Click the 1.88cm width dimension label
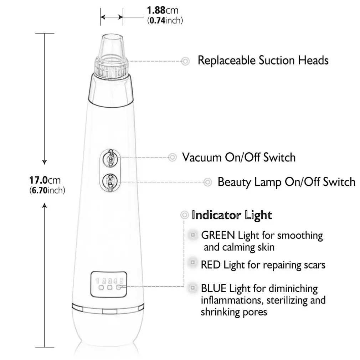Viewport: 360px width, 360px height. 163,10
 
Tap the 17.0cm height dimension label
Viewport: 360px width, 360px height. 45,180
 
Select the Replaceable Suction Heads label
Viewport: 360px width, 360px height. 263,60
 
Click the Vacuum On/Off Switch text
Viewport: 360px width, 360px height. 239,158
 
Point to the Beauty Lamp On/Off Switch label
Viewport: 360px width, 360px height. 287,182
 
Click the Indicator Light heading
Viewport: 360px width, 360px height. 232,215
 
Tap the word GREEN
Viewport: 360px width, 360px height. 218,235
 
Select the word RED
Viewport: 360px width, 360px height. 211,265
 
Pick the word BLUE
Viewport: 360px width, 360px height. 214,288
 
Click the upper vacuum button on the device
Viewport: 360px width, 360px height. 110,158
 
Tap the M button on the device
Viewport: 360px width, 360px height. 110,181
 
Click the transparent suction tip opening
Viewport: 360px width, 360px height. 112,37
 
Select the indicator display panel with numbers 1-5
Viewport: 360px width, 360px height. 109,284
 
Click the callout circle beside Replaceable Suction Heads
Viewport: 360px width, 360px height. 185,61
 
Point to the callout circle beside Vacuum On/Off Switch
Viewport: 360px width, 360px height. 173,158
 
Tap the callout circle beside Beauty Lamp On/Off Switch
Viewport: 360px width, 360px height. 208,182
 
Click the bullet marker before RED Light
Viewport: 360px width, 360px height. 193,262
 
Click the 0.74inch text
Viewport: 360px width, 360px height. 165,20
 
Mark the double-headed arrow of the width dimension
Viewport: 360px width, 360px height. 112,17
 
